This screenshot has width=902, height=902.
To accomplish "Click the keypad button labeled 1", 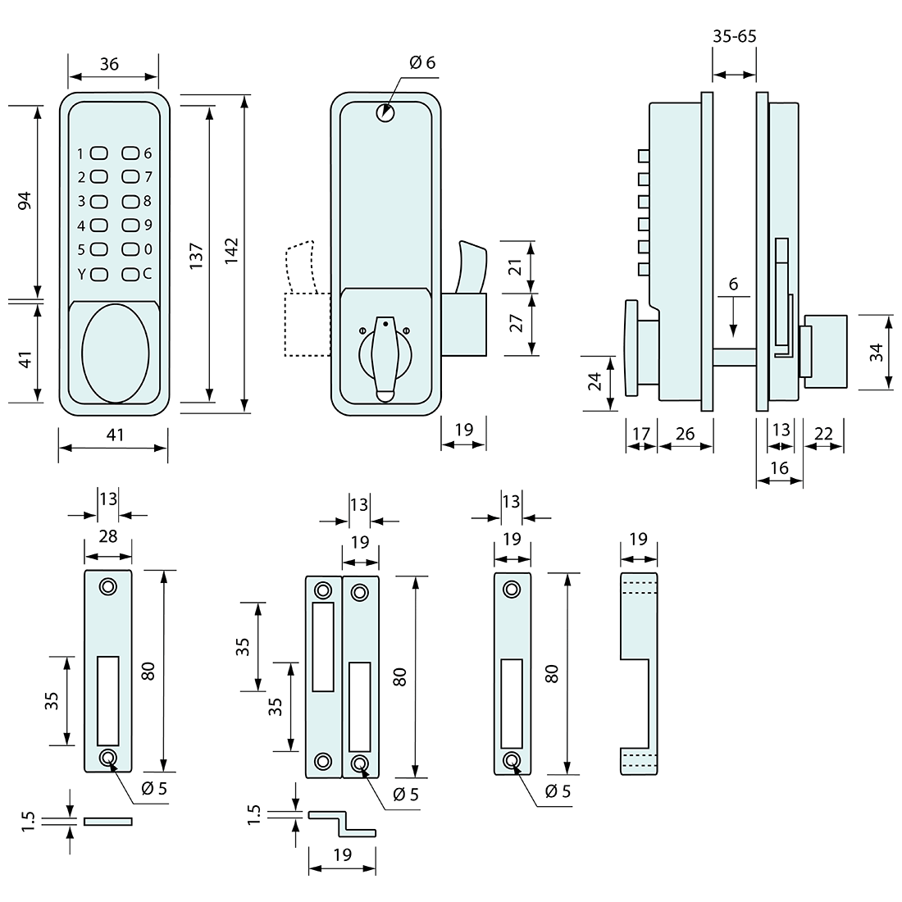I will coord(99,153).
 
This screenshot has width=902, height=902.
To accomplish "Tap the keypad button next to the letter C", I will coord(131,274).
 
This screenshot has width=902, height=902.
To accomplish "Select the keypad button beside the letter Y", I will coord(99,274).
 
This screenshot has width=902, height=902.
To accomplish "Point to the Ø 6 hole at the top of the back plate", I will coord(385,114).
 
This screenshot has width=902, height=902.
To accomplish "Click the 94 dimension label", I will coord(24,201).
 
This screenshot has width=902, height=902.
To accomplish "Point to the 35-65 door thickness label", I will coord(734,36).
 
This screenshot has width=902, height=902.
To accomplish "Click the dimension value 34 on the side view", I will coord(876,353).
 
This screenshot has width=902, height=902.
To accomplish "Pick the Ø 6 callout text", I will coord(422,63).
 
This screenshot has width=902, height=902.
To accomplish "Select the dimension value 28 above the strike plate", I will coord(108,536).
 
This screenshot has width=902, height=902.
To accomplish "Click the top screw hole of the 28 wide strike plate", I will coord(108,586).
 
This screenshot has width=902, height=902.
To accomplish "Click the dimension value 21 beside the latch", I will coord(515,266).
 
